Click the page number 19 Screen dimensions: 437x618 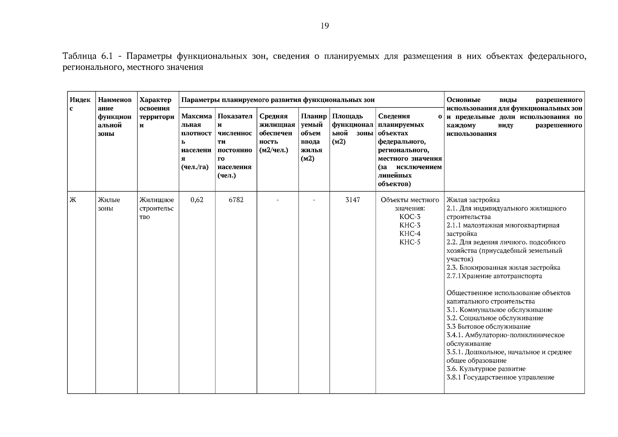[325, 25]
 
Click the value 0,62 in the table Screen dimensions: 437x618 [197, 200]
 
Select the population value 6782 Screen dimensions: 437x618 [236, 200]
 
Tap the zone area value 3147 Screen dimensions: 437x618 [353, 200]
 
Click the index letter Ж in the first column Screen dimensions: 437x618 [73, 200]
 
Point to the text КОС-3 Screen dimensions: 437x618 [410, 217]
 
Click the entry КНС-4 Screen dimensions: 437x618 [410, 234]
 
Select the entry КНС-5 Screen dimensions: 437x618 [410, 242]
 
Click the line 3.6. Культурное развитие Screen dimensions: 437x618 [486, 369]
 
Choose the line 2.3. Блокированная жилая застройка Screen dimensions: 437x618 [503, 268]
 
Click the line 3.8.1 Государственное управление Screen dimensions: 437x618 [500, 377]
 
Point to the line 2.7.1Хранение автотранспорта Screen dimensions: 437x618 [494, 276]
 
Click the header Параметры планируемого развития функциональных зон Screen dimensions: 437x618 [278, 100]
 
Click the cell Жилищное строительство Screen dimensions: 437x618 [157, 208]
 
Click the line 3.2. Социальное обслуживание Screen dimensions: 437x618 [495, 318]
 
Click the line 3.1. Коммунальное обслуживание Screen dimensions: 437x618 [499, 310]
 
